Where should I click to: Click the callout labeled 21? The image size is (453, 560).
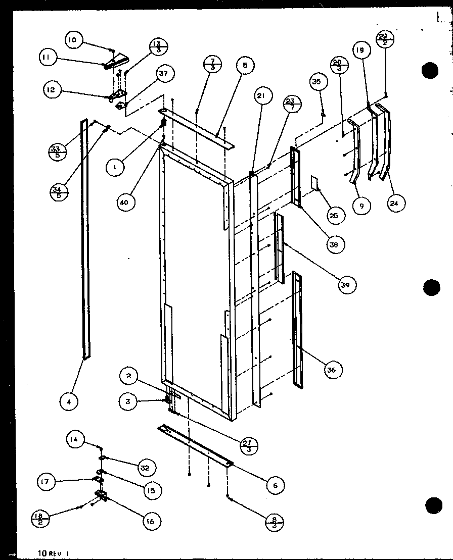[263, 96]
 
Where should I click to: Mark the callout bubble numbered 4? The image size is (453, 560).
[68, 402]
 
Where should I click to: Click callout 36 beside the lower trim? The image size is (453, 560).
[331, 370]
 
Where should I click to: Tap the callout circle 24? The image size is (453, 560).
[396, 203]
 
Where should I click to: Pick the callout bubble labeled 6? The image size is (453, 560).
[275, 485]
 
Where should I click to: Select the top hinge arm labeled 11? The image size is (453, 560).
[114, 62]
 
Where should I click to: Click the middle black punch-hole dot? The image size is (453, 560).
[431, 288]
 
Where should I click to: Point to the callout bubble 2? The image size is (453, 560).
[129, 376]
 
